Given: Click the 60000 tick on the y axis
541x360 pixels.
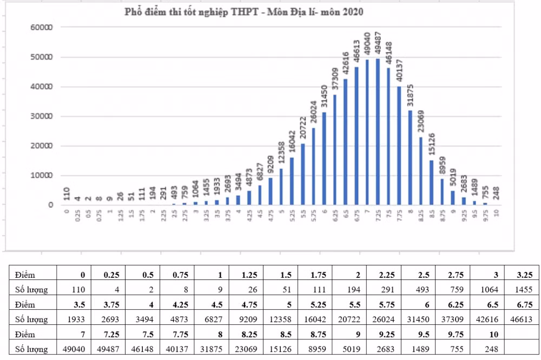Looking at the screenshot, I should [42, 27].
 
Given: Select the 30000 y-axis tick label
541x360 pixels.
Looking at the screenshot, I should [42, 116].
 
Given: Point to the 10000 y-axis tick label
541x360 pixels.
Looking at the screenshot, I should [42, 176].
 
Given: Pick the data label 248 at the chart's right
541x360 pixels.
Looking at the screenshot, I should [497, 193].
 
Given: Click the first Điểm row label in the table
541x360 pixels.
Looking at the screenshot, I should [25, 275].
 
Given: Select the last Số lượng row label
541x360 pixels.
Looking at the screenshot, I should [32, 346].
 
